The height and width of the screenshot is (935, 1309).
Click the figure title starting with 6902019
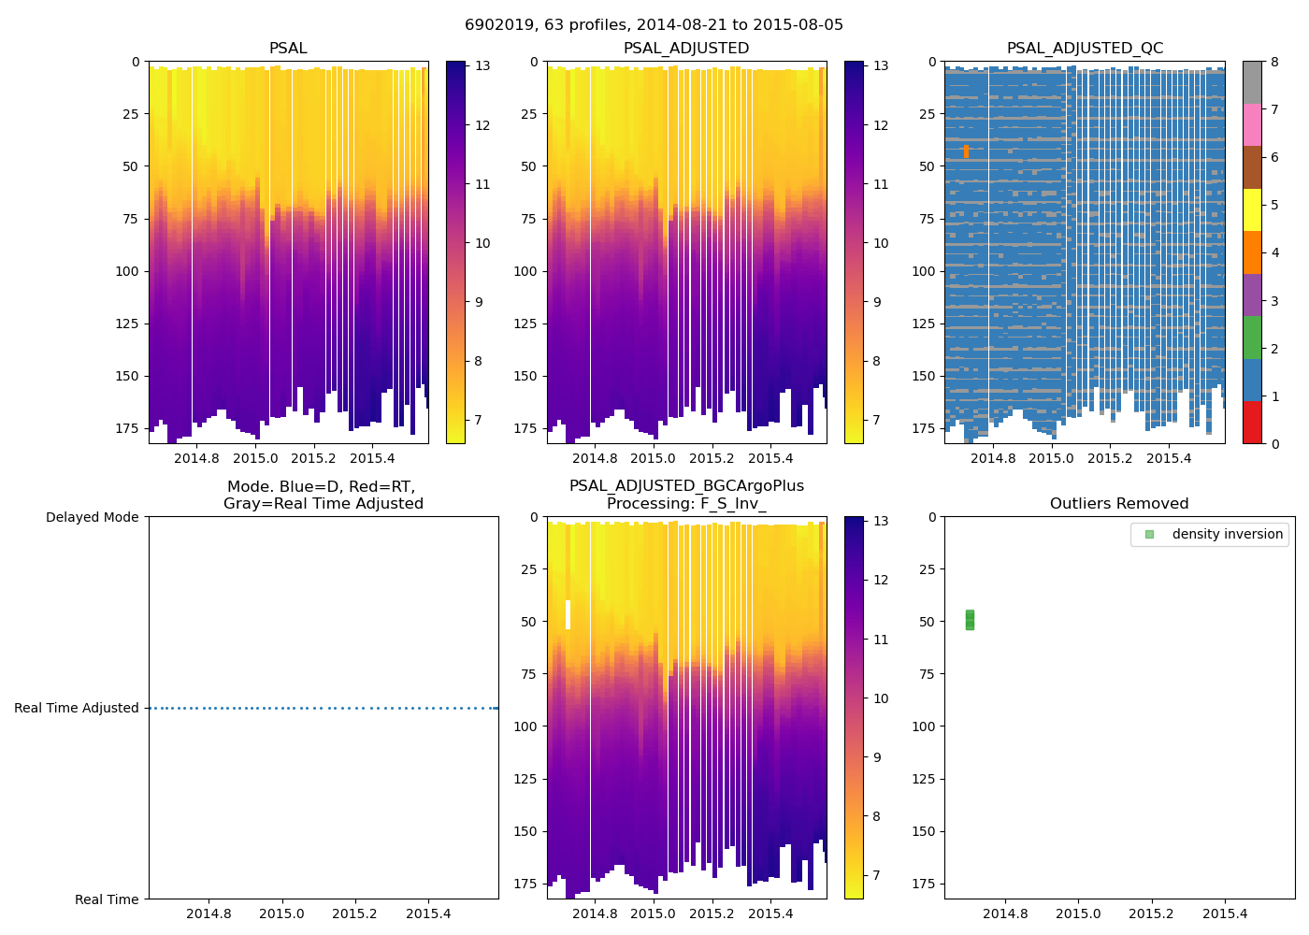(x=654, y=25)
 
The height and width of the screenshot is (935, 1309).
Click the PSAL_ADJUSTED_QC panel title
(x=1085, y=49)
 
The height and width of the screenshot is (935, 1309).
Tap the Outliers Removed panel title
(x=1119, y=504)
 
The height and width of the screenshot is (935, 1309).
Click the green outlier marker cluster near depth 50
(x=970, y=619)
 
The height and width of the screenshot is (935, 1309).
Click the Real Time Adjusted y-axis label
(x=77, y=708)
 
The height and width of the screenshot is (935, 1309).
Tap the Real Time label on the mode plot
(x=107, y=899)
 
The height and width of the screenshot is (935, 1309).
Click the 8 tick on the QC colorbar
(x=1275, y=61)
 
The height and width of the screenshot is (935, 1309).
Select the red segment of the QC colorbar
(x=1252, y=423)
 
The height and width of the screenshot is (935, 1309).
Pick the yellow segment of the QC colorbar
(x=1252, y=209)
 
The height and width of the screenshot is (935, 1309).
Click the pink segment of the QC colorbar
(x=1252, y=124)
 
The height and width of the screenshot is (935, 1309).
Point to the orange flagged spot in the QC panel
(x=966, y=151)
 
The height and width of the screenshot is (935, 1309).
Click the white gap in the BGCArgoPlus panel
(x=568, y=614)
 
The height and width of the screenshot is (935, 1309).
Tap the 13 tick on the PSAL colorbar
(x=482, y=65)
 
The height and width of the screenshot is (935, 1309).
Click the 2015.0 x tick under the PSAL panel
(x=255, y=458)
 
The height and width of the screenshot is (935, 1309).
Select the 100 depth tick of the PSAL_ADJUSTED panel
(x=525, y=271)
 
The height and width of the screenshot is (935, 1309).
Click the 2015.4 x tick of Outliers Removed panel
(x=1225, y=913)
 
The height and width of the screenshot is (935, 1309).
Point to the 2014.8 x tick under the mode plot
(x=208, y=913)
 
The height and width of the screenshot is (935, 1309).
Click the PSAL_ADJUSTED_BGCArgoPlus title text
(x=686, y=486)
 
